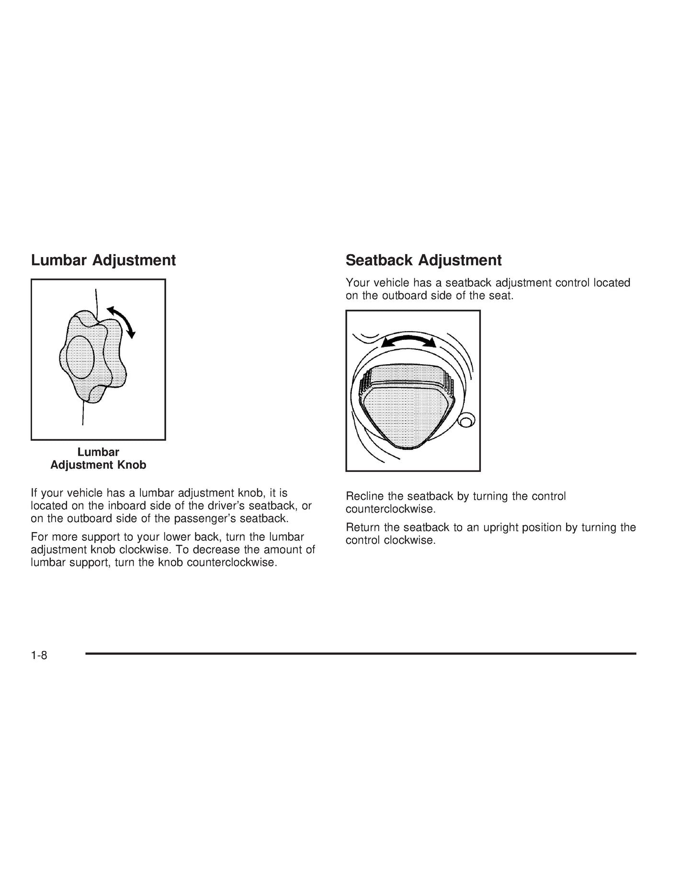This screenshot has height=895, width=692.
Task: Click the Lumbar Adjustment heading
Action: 103,260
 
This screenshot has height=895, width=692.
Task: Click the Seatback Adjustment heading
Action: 423,260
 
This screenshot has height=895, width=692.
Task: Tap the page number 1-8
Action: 39,655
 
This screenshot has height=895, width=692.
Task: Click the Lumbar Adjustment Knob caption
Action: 98,459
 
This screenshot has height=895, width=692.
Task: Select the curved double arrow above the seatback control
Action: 408,341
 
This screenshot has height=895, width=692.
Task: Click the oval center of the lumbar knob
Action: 80,357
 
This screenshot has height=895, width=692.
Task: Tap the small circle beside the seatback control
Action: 465,421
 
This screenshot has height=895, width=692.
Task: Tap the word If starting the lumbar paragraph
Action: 34,493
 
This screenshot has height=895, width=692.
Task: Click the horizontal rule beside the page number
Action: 361,653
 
